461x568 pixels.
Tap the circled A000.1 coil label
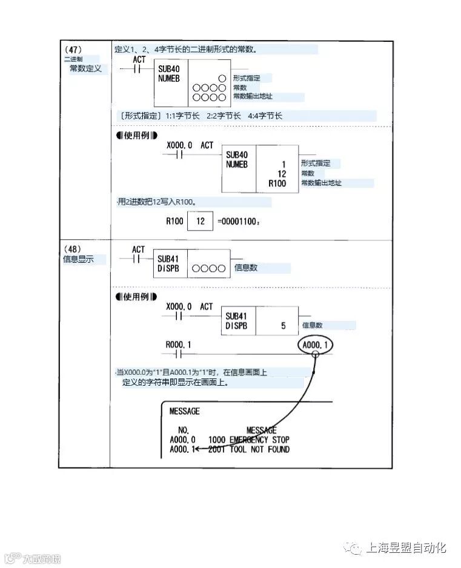click(316, 345)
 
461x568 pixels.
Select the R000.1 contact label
click(178, 345)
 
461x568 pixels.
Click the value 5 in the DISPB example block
click(283, 326)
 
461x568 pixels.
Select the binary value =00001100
click(239, 222)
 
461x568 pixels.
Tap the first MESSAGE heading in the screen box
click(184, 411)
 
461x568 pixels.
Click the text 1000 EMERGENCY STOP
click(248, 439)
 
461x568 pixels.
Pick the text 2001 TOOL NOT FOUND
click(248, 449)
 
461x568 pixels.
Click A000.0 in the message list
click(182, 439)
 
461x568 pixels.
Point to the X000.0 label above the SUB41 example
click(179, 306)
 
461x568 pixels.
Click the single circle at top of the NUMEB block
click(222, 79)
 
